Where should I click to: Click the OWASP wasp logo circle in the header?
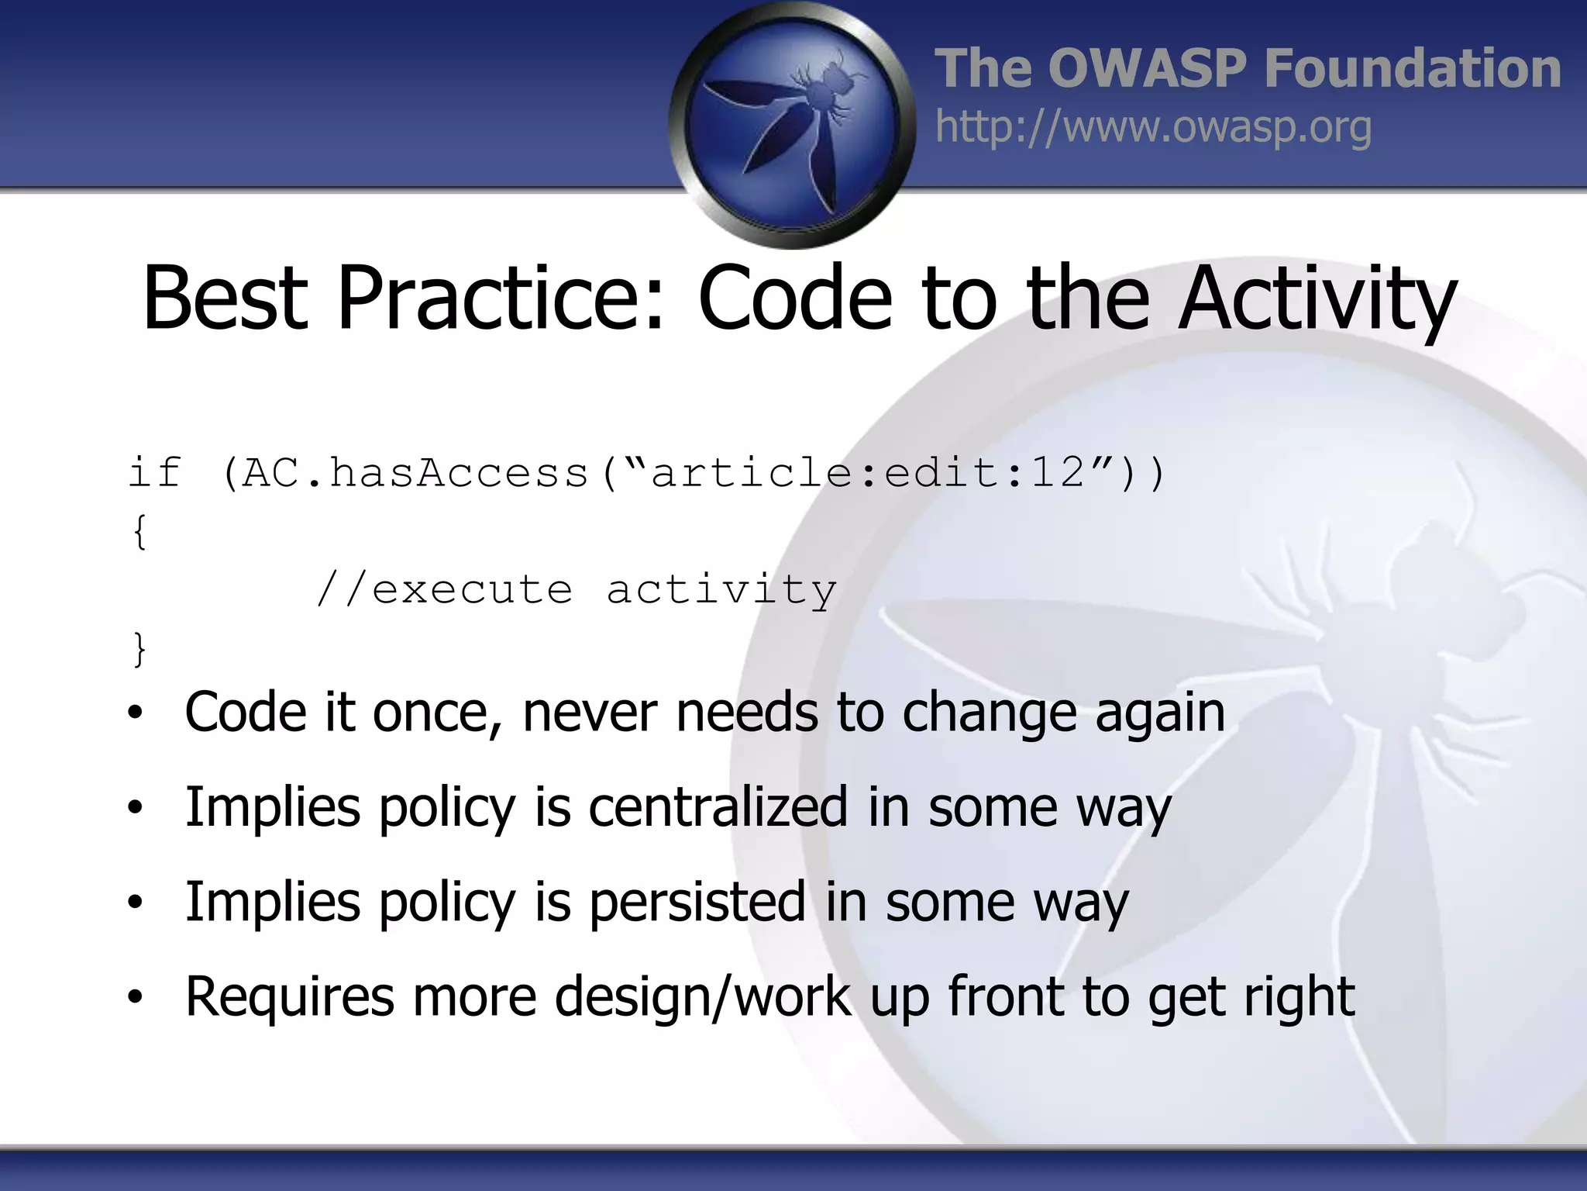[x=792, y=124]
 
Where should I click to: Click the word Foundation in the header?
[x=1412, y=68]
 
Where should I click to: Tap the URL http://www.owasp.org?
[x=1153, y=127]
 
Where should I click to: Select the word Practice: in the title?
[x=501, y=299]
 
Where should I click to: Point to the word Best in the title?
[x=225, y=299]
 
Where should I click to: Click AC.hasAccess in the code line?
[x=415, y=473]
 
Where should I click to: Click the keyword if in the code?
[x=155, y=473]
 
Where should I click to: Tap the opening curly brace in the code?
[x=139, y=532]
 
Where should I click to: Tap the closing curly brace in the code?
[x=139, y=648]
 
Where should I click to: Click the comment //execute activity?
[x=577, y=590]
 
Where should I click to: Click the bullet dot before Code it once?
[x=136, y=713]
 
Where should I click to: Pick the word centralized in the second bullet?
[x=718, y=808]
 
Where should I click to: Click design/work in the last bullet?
[x=702, y=997]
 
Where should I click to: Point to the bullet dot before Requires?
[x=136, y=999]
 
